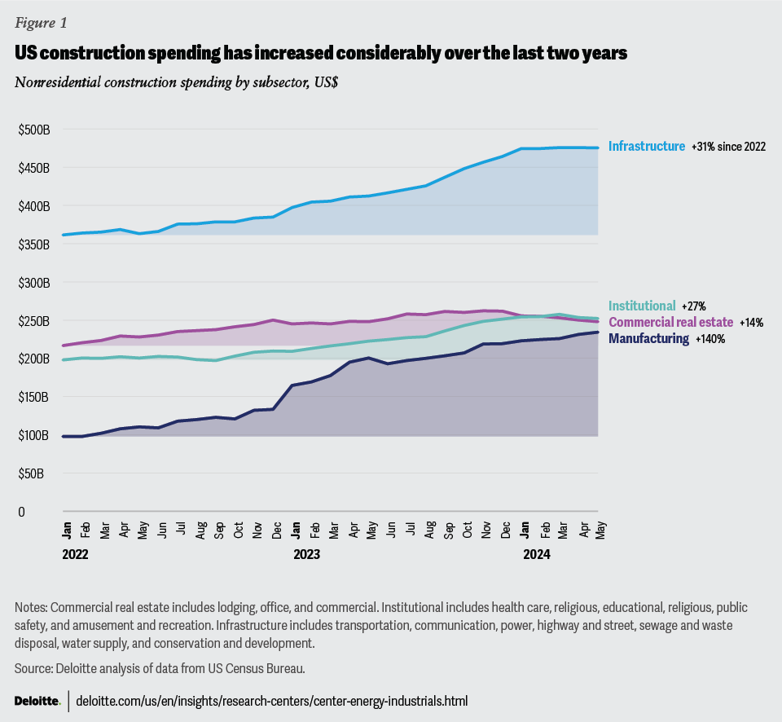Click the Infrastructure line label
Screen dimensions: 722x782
pyautogui.click(x=646, y=147)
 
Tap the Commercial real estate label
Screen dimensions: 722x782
pyautogui.click(x=670, y=322)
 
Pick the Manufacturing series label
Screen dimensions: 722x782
pyautogui.click(x=648, y=338)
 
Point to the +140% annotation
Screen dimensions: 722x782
pyautogui.click(x=710, y=339)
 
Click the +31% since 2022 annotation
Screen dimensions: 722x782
pyautogui.click(x=728, y=147)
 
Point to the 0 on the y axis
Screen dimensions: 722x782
pyautogui.click(x=22, y=512)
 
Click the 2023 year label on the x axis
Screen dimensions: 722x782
pyautogui.click(x=306, y=553)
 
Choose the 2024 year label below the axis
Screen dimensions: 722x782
pyautogui.click(x=537, y=553)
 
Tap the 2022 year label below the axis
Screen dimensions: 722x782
pyautogui.click(x=74, y=553)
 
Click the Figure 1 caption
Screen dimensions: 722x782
pyautogui.click(x=41, y=24)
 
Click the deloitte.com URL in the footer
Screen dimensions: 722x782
pyautogui.click(x=272, y=701)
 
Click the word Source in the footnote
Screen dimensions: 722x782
pyautogui.click(x=33, y=668)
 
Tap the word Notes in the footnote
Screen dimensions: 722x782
pyautogui.click(x=31, y=608)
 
